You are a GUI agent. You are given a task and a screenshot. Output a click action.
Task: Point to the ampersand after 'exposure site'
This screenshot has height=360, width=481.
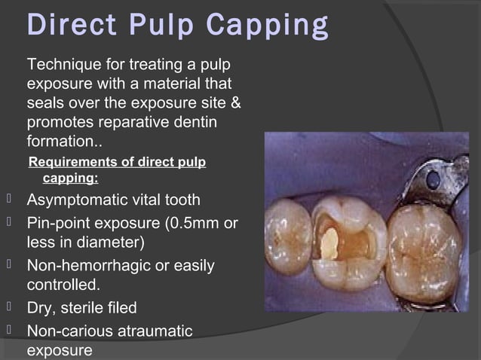coord(235,101)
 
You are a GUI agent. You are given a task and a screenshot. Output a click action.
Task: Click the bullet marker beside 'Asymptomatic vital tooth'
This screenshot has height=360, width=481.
coord(8,200)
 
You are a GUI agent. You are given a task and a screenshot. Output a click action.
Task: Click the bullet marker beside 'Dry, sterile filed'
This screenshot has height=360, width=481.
coord(8,307)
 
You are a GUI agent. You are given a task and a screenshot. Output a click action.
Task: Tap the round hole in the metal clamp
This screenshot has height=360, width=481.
coord(434,180)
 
